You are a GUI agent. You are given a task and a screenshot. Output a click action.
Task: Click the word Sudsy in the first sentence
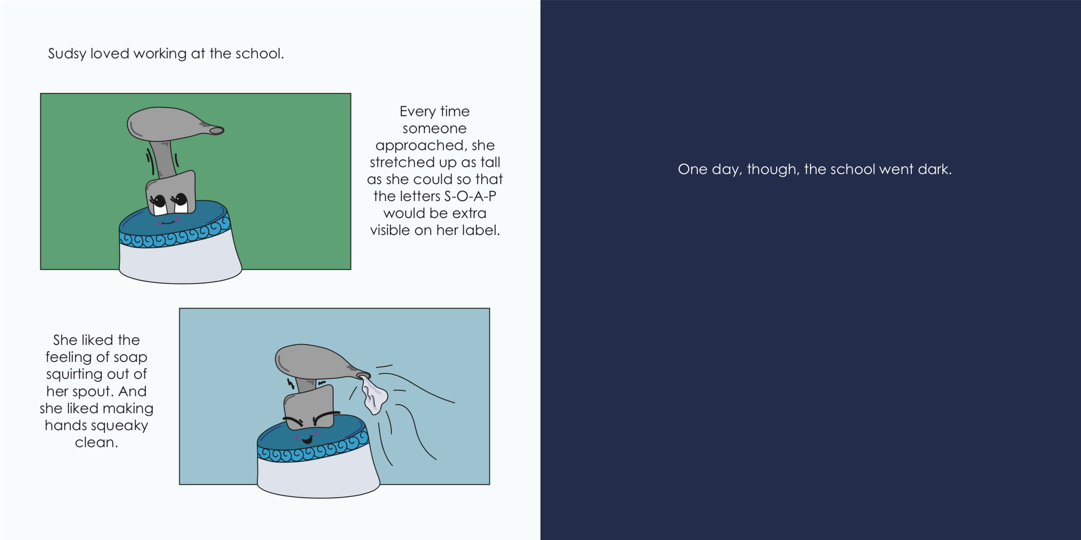click(x=67, y=54)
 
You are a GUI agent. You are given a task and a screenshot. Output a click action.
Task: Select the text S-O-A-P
click(x=470, y=196)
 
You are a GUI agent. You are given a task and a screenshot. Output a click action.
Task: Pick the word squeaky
click(x=125, y=426)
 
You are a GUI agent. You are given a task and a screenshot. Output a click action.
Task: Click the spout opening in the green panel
click(x=216, y=130)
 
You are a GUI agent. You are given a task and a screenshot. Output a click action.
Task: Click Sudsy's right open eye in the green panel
click(x=181, y=202)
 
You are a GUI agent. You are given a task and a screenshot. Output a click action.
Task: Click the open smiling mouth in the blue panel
click(x=307, y=439)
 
